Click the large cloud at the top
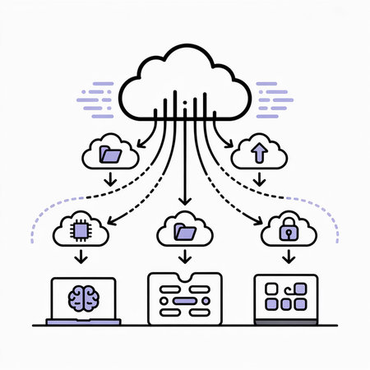tap(184, 78)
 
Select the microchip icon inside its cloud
tap(81, 232)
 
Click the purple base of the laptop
tap(84, 321)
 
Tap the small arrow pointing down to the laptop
tap(81, 258)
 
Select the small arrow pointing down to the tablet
tap(288, 258)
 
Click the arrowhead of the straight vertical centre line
tap(184, 201)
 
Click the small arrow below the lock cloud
tap(288, 258)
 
